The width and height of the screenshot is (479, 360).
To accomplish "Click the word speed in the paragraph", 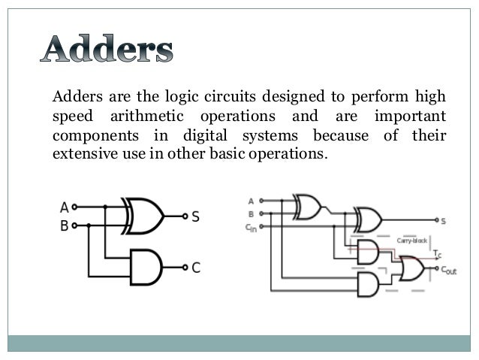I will tap(70, 116).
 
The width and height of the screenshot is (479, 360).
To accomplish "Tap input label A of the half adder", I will tap(65, 207).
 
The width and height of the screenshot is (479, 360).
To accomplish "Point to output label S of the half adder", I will tap(195, 216).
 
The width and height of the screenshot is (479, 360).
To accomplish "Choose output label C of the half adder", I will tap(196, 267).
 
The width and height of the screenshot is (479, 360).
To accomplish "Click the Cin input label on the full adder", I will tap(251, 228).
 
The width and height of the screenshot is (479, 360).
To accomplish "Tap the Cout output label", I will tap(448, 270).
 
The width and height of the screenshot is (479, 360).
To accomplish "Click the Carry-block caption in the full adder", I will tap(412, 241).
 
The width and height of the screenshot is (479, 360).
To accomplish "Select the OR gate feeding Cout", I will tap(411, 268).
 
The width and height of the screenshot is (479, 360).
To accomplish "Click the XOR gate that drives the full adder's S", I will tap(367, 220).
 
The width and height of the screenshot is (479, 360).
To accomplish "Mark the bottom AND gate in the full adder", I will tap(368, 284).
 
